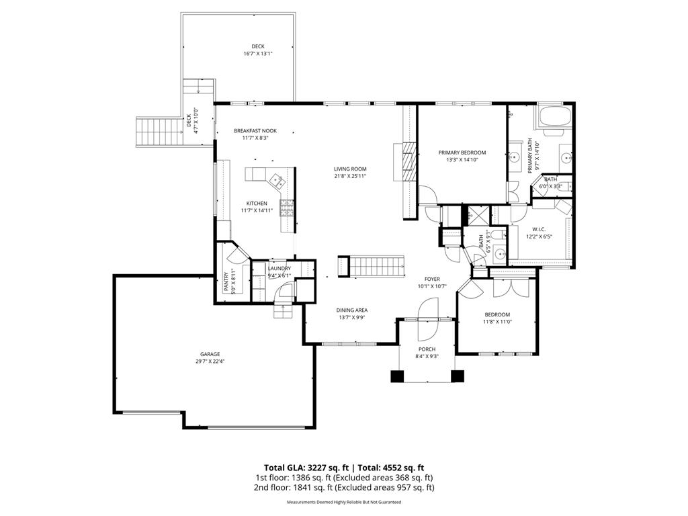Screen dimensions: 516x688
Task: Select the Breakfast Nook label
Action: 255,130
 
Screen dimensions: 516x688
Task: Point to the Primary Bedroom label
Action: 462,153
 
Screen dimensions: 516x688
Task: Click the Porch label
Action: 427,349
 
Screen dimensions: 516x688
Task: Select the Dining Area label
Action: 352,310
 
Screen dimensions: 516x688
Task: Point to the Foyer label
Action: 431,279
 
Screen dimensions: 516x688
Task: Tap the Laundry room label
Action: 279,269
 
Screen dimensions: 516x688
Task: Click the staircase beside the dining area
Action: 372,266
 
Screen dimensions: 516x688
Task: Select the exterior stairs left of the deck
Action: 160,132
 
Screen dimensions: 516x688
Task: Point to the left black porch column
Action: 397,377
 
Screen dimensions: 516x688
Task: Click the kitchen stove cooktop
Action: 287,208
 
